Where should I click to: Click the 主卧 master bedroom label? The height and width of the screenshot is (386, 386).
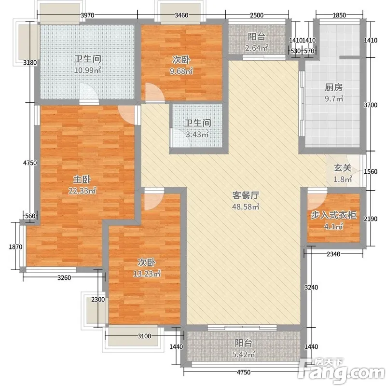82,179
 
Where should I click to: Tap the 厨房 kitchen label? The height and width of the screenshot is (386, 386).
334,87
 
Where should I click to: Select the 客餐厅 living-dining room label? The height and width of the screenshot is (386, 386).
246,195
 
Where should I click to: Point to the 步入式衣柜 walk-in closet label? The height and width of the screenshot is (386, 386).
334,215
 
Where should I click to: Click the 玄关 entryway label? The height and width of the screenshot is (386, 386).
343,168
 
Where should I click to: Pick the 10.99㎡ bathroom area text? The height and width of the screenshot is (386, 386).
88,70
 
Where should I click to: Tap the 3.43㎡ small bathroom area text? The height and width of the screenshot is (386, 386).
197,135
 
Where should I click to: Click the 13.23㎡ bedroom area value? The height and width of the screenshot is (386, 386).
147,274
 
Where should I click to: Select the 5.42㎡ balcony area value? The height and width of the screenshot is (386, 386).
244,354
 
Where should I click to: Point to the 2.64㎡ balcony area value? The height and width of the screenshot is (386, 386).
257,48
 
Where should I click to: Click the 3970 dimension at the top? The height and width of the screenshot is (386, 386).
87,15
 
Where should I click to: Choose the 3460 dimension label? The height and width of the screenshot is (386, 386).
181,15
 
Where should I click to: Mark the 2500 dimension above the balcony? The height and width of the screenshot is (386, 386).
257,15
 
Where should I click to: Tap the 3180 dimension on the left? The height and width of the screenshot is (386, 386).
30,63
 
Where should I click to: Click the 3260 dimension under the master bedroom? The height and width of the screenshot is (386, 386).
64,278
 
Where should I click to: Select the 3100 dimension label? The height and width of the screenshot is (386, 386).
144,336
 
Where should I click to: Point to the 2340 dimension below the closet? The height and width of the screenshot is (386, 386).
333,254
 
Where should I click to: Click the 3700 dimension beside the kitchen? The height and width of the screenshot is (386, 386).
371,105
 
